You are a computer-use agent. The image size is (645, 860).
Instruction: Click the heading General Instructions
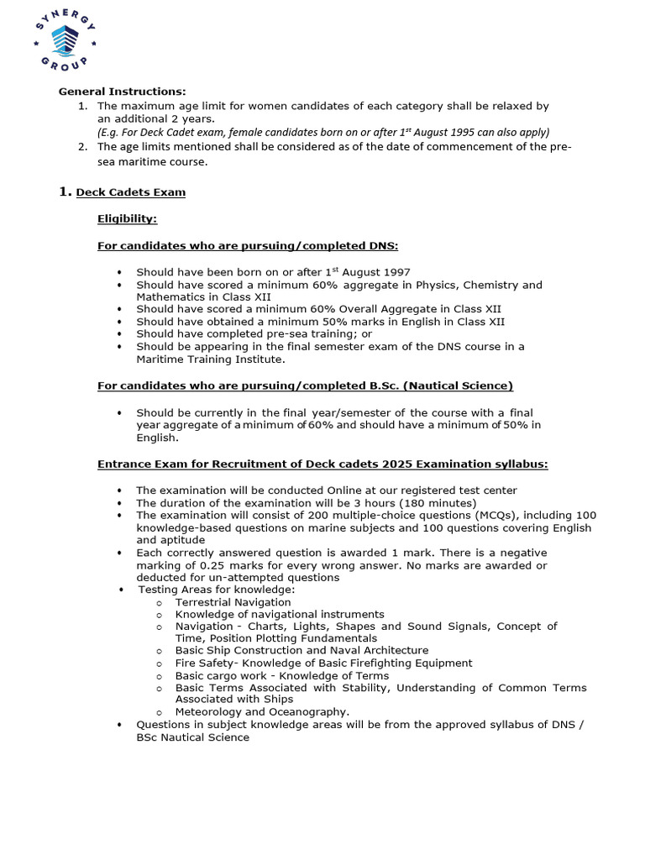coord(122,92)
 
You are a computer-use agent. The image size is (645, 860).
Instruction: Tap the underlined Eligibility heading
coord(127,219)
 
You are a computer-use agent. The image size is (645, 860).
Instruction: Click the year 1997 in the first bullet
coord(396,272)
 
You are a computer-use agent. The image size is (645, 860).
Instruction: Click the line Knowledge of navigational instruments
coord(280,614)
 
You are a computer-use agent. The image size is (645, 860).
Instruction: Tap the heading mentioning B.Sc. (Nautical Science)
coord(305,385)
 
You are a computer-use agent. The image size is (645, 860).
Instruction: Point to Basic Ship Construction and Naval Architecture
coord(302,650)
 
